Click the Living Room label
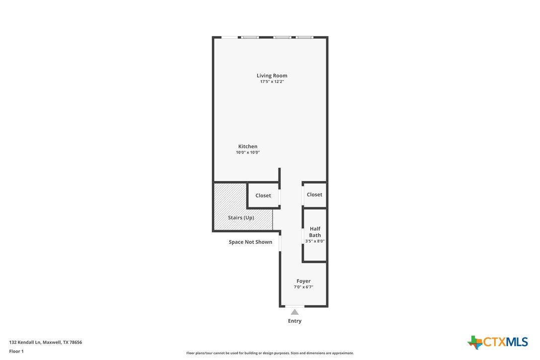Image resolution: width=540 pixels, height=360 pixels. click(x=271, y=76)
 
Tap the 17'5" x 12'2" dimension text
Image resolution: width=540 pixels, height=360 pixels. click(x=271, y=82)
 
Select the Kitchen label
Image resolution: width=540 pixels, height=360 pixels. click(x=248, y=146)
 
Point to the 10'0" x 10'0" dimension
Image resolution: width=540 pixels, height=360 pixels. click(x=248, y=152)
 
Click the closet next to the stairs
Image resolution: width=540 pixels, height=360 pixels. click(x=263, y=195)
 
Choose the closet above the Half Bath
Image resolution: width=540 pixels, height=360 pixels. click(x=314, y=194)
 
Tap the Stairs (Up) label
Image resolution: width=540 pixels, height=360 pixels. click(x=241, y=218)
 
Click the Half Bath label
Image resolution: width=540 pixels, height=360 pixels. click(x=315, y=232)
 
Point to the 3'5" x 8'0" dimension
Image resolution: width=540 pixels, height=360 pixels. click(x=315, y=241)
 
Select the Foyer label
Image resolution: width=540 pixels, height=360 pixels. click(x=303, y=281)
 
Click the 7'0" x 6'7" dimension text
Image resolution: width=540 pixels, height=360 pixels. click(x=303, y=287)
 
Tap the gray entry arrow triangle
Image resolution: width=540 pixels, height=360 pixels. click(x=294, y=312)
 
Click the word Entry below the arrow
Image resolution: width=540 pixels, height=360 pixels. click(x=294, y=321)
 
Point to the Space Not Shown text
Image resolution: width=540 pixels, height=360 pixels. click(x=251, y=242)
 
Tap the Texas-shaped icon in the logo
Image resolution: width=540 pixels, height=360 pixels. click(x=475, y=342)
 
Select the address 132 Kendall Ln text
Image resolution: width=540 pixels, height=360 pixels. click(x=25, y=343)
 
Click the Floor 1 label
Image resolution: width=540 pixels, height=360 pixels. click(x=16, y=352)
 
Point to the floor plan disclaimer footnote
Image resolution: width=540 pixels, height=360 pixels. click(x=270, y=353)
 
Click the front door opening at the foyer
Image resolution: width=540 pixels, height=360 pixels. click(x=295, y=306)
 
